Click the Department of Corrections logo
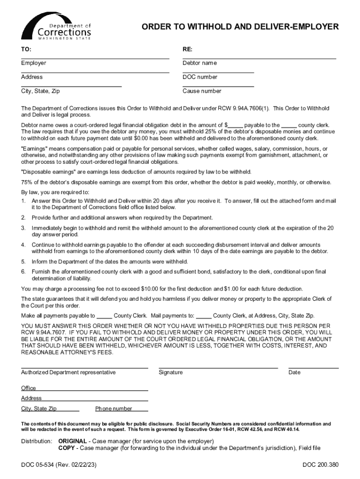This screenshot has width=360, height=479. click(x=57, y=27)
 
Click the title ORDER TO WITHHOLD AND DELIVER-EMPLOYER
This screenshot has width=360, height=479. click(x=240, y=27)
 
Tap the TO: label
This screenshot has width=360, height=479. click(x=26, y=49)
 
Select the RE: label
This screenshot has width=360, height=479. click(x=187, y=49)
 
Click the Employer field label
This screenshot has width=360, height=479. click(x=34, y=63)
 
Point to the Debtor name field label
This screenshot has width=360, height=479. click(x=200, y=63)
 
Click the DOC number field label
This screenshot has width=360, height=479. click(x=200, y=77)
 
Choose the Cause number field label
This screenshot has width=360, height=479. click(x=202, y=91)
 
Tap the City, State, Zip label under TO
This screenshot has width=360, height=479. click(x=40, y=91)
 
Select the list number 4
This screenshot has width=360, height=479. click(x=23, y=245)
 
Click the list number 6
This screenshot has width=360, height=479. click(x=23, y=271)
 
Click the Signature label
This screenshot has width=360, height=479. click(x=171, y=372)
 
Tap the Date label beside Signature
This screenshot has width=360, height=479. click(x=295, y=372)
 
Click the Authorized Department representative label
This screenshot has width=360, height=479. click(x=68, y=372)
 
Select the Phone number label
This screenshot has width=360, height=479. click(x=114, y=408)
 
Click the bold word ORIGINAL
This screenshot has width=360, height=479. click(x=72, y=441)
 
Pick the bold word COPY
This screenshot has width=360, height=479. click(x=66, y=448)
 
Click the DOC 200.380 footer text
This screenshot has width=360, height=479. click(x=320, y=465)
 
